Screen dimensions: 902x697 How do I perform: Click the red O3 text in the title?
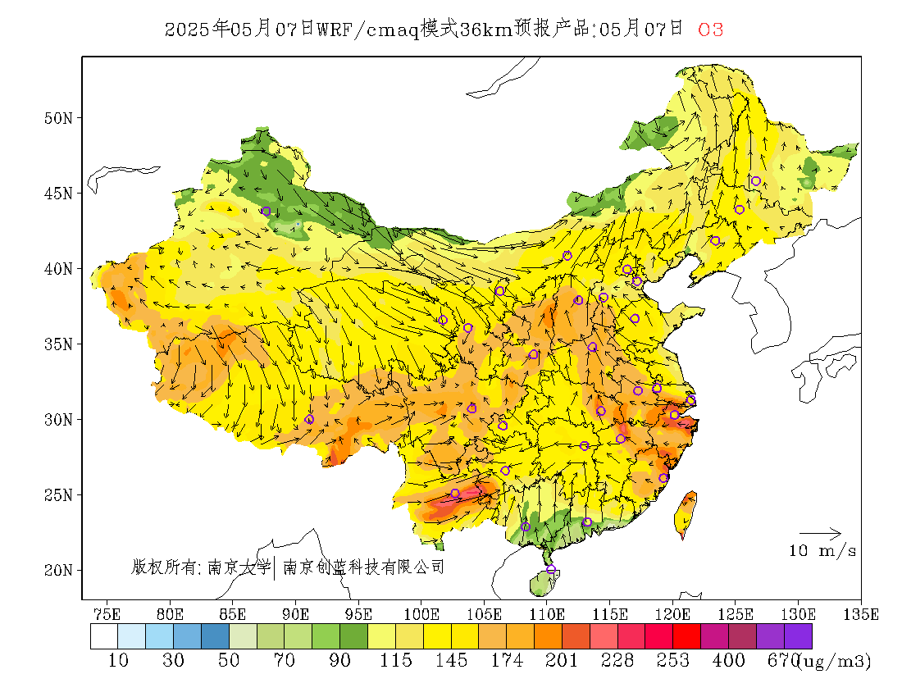pos(710,30)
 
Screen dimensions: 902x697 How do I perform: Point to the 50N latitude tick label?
pos(59,118)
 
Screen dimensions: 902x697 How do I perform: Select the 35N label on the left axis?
pos(59,344)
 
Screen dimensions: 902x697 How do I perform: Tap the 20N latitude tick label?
pos(59,570)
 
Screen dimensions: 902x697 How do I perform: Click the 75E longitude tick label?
pos(107,614)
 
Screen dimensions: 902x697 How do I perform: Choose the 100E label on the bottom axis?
pos(421,614)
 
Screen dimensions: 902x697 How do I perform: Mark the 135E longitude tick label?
pos(861,614)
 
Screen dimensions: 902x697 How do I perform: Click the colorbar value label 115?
pos(396,660)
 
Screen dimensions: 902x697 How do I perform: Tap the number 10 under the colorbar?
pos(118,660)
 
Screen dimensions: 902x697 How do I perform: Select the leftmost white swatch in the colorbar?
pos(104,636)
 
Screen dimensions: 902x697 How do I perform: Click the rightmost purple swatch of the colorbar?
pos(798,636)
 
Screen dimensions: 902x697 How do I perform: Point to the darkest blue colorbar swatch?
pos(215,636)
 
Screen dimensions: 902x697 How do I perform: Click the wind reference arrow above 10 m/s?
pos(820,534)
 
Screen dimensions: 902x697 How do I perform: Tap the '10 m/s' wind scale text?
pos(822,551)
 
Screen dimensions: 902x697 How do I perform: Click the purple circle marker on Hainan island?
pos(551,569)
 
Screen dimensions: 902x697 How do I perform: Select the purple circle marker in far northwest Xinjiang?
pos(266,211)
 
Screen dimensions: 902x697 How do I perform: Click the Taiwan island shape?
pos(685,513)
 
